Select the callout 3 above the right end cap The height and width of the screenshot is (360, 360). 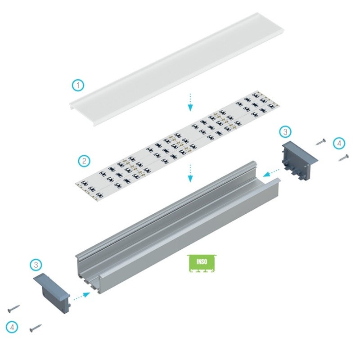(x=285, y=131)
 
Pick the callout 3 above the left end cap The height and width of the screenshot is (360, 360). (x=36, y=265)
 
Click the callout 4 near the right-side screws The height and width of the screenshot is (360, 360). (x=340, y=144)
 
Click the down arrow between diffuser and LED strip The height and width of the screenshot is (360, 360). (x=190, y=102)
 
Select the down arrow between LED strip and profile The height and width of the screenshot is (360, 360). (x=190, y=172)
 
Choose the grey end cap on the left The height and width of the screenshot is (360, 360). (x=53, y=286)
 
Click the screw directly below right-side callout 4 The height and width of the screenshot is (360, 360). (x=344, y=157)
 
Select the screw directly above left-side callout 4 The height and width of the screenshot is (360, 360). (x=13, y=309)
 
